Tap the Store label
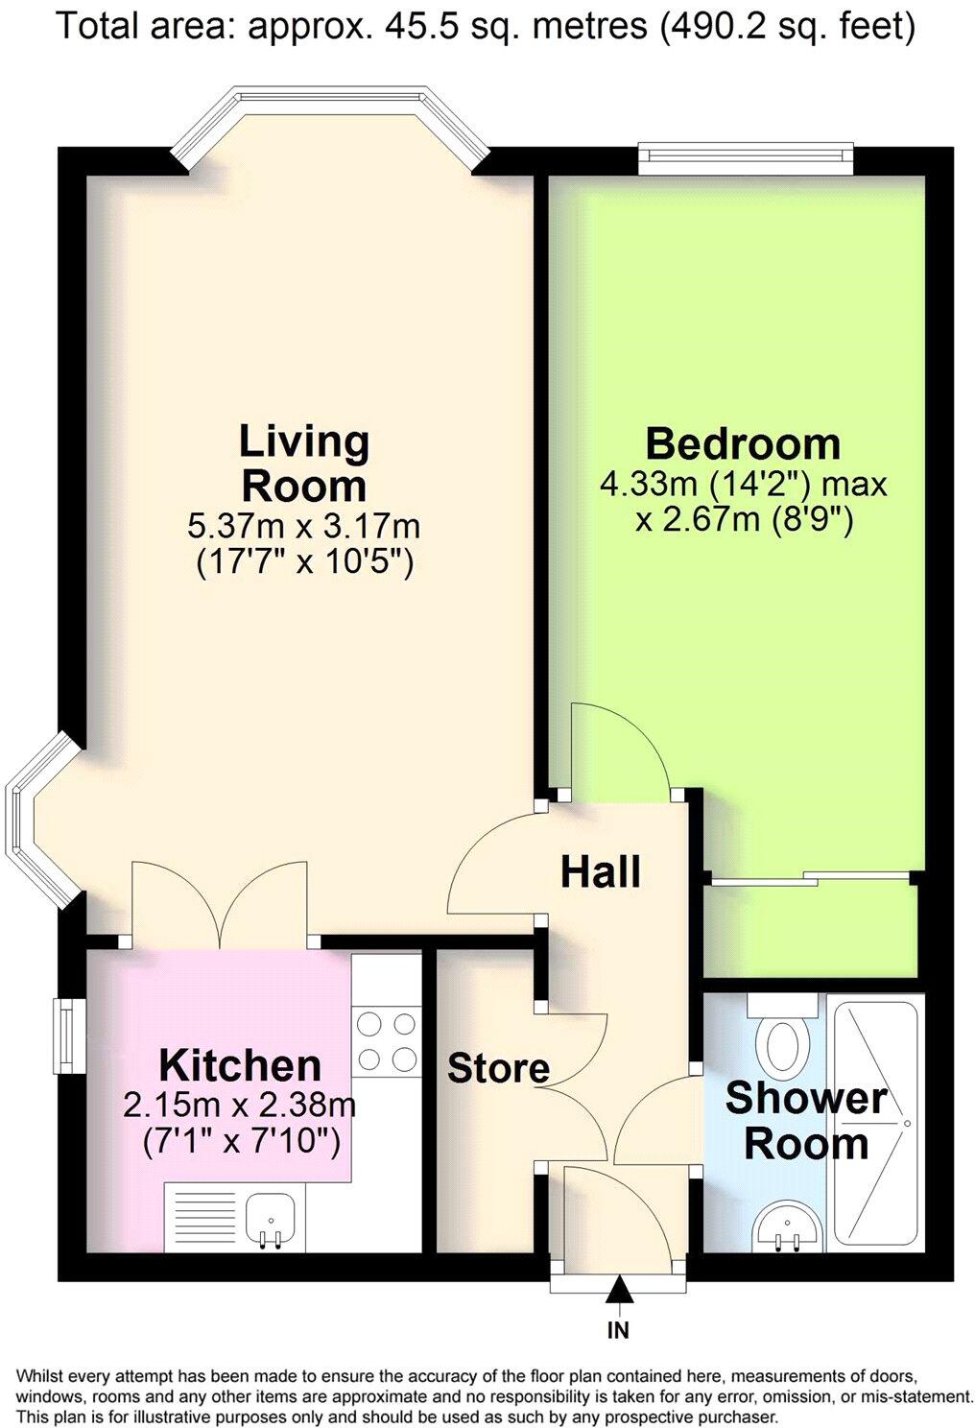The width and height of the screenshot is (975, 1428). tap(498, 1068)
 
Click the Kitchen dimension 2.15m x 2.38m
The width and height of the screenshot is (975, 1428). tap(239, 1106)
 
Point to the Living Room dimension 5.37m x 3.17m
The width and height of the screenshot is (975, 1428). tap(303, 527)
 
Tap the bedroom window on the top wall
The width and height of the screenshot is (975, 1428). tap(746, 158)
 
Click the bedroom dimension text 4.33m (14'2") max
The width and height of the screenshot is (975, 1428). tap(744, 485)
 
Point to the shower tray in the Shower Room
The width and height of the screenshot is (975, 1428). tap(875, 1122)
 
